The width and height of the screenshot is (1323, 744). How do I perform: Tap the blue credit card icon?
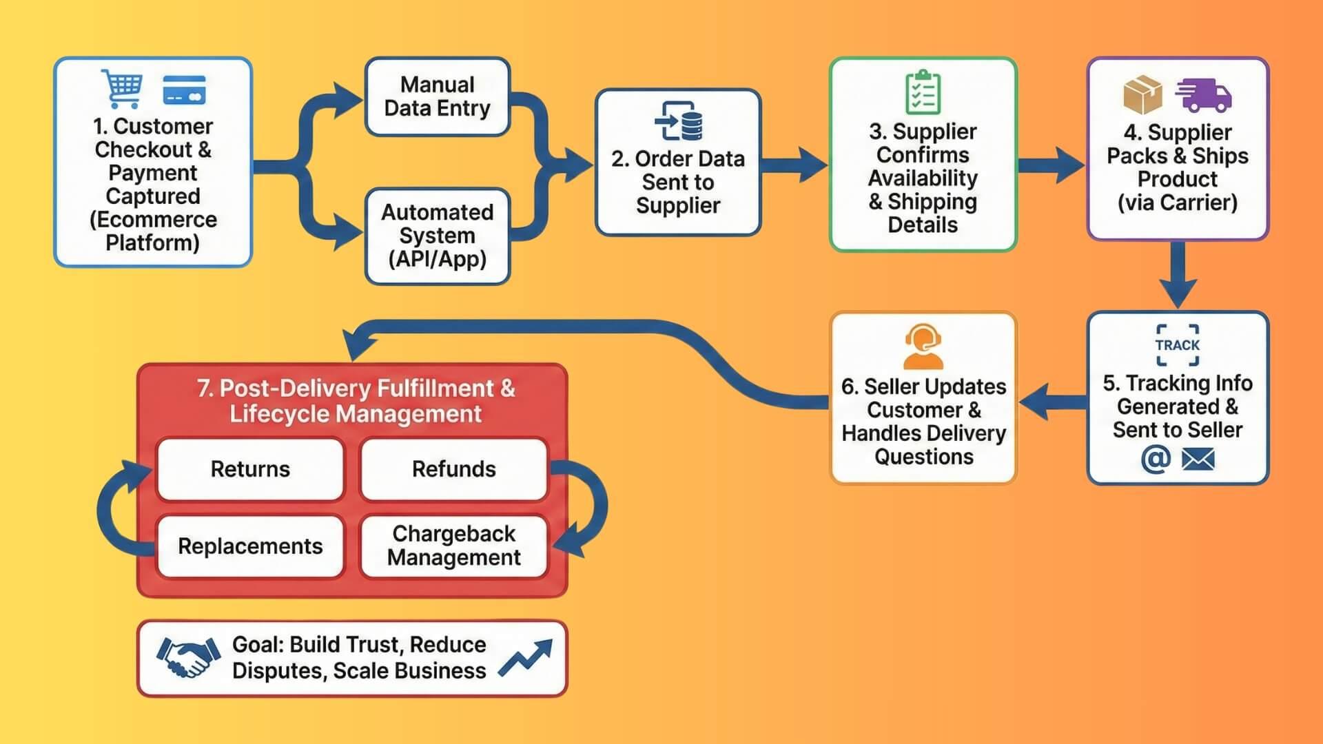point(184,90)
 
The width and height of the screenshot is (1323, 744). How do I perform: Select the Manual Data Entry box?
point(437,96)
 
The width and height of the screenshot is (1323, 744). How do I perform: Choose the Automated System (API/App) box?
point(437,236)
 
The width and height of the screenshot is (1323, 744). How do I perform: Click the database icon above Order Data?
point(679,121)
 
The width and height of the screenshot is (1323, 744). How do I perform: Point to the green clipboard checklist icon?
point(923,92)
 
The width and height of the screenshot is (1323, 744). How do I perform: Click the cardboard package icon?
point(1142,95)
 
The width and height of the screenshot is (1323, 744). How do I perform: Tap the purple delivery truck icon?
point(1204,95)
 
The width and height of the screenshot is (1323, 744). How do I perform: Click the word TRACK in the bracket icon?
point(1177,345)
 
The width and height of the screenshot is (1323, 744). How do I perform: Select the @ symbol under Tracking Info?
point(1156,459)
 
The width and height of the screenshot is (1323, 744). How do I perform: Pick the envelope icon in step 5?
point(1198,459)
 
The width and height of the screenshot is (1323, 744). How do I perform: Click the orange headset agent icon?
point(923,347)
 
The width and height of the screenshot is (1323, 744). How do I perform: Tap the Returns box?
point(250,469)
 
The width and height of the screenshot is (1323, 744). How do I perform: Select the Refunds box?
point(453,469)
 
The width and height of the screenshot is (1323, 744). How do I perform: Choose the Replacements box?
point(250,546)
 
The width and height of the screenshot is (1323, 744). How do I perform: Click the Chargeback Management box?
point(453,546)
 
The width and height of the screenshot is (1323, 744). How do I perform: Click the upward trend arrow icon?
point(526,657)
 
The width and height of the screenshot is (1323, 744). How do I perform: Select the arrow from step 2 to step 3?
point(794,165)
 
